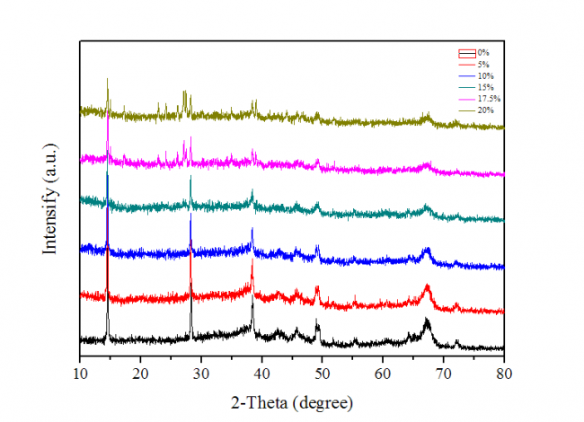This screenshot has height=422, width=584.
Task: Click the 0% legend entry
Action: click(x=483, y=55)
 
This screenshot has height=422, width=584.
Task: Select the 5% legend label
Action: click(x=483, y=66)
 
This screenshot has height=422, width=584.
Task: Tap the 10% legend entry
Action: click(x=484, y=76)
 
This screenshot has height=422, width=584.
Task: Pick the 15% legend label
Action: click(x=484, y=87)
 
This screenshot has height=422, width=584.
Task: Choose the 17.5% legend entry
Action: click(x=487, y=98)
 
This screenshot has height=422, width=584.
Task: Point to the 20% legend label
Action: click(x=484, y=109)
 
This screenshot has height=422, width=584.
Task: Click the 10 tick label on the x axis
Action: click(x=80, y=370)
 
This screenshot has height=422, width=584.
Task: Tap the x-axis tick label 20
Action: click(x=140, y=370)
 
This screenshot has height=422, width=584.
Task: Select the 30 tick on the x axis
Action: click(x=201, y=370)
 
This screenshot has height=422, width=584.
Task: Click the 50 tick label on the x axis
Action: click(x=323, y=370)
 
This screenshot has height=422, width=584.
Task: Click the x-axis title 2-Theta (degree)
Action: click(x=291, y=400)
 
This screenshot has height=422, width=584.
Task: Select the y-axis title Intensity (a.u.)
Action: click(x=51, y=197)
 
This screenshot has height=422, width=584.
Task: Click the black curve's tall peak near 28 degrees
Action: click(x=190, y=286)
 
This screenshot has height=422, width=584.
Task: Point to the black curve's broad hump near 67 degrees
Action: click(x=427, y=321)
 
